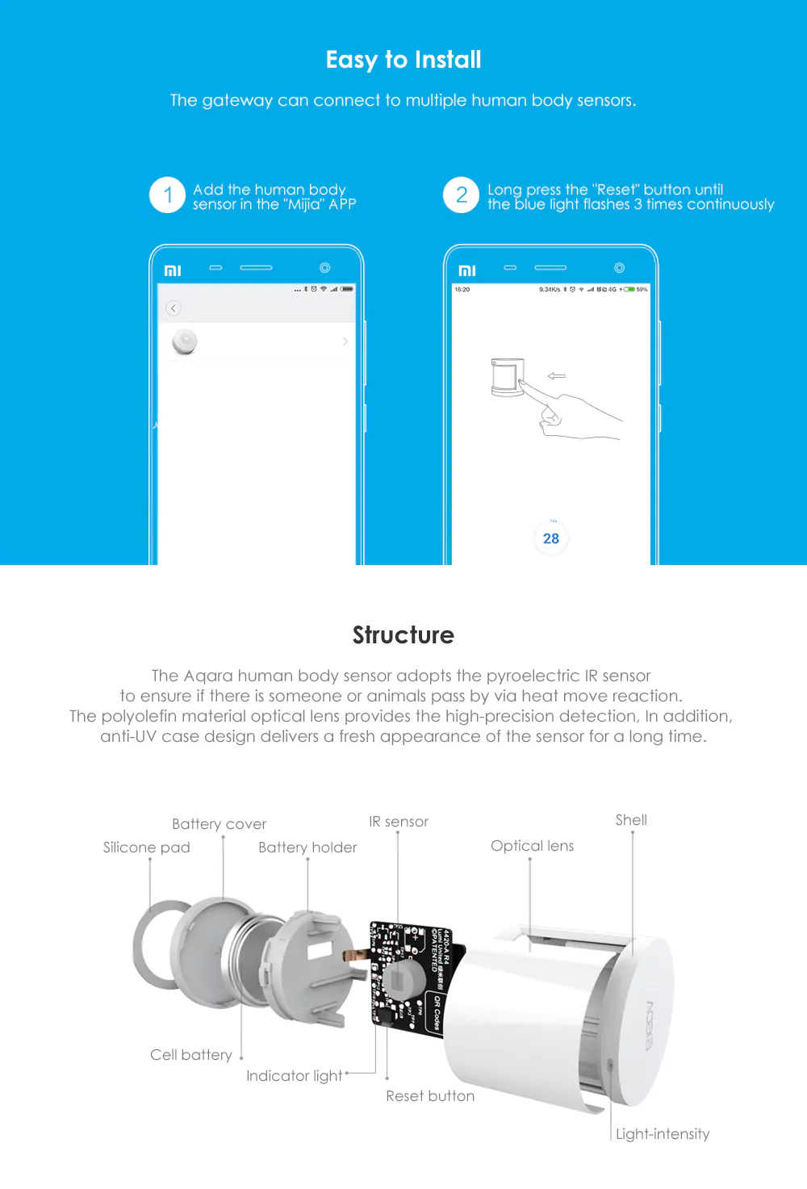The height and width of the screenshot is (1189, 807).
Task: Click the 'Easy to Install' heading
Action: coord(403,60)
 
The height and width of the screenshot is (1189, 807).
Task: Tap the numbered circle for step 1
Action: coord(168,195)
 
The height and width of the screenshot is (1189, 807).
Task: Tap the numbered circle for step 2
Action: coord(462,195)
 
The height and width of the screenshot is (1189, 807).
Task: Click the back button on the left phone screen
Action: coord(173,308)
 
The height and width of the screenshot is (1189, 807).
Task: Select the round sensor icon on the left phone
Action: coord(185,342)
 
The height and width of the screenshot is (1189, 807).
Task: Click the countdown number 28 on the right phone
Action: coord(551,538)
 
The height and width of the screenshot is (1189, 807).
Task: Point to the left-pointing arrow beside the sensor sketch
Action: coord(556,376)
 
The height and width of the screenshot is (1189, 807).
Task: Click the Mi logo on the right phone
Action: coord(467,270)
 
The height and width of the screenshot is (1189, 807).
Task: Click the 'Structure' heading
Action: coord(403,635)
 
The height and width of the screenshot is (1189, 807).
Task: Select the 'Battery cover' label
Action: coord(219,824)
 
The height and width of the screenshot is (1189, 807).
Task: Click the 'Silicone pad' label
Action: coord(147,848)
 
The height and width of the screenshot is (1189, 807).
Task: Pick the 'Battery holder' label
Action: coord(307,848)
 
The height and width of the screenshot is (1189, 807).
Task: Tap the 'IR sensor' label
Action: coord(399,822)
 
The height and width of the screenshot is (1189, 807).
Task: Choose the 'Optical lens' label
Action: coord(533,846)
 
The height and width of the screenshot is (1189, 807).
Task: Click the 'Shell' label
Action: coord(631,820)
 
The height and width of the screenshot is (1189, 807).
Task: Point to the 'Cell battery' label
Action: coord(191,1055)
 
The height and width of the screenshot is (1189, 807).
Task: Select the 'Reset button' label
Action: coord(430,1096)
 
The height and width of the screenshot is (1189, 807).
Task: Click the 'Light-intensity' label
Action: coord(663,1134)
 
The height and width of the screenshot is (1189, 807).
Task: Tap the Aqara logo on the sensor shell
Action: coord(650,1025)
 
